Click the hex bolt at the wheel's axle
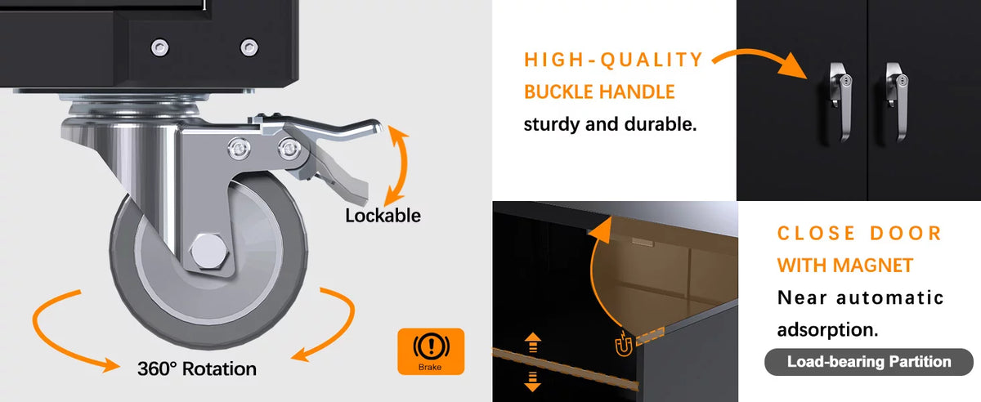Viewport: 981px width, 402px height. (x=209, y=251)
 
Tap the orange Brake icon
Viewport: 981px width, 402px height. (x=431, y=351)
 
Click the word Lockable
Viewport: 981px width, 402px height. (x=383, y=216)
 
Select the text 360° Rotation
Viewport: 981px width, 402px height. (x=197, y=368)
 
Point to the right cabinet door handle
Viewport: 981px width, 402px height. (x=898, y=100)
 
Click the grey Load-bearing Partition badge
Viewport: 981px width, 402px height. (x=869, y=362)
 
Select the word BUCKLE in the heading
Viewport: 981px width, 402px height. (x=559, y=92)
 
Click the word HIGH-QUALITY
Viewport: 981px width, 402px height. (x=613, y=60)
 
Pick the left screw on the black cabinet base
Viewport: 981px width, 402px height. (x=159, y=47)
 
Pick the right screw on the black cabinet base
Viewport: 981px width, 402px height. (x=249, y=47)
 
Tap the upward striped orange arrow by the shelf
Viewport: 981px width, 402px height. (x=532, y=342)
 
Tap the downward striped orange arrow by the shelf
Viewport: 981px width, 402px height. (x=532, y=382)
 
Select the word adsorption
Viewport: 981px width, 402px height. (x=827, y=330)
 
